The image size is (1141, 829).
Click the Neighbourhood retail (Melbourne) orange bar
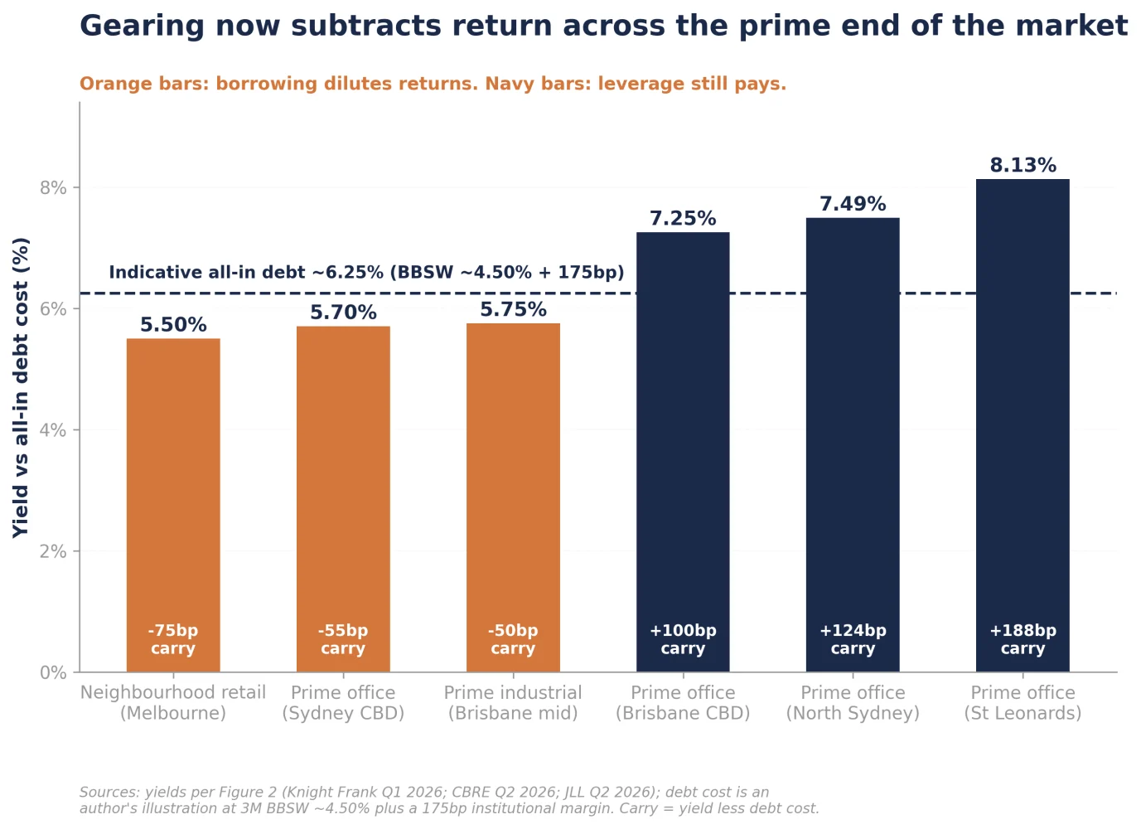pyautogui.click(x=173, y=506)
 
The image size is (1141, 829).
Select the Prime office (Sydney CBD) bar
pyautogui.click(x=343, y=499)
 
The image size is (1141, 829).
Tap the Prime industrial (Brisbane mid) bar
pyautogui.click(x=513, y=497)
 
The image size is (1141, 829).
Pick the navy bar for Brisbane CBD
pyautogui.click(x=683, y=453)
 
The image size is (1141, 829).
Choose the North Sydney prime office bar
pyautogui.click(x=853, y=445)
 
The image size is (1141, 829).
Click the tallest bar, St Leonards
pyautogui.click(x=1023, y=425)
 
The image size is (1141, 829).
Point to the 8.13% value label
pyautogui.click(x=1023, y=165)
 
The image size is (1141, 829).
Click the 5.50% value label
pyautogui.click(x=173, y=325)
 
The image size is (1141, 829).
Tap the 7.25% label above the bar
pyautogui.click(x=683, y=218)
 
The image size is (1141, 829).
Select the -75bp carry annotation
pyautogui.click(x=173, y=639)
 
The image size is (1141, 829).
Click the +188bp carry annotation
pyautogui.click(x=1023, y=639)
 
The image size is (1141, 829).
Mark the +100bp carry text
pyautogui.click(x=683, y=639)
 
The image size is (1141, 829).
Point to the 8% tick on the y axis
pyautogui.click(x=53, y=188)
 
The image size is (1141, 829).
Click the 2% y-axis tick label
pyautogui.click(x=53, y=551)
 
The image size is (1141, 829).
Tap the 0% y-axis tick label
pyautogui.click(x=53, y=672)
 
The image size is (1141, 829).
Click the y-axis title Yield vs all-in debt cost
pyautogui.click(x=21, y=388)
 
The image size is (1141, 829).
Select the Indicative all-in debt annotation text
pyautogui.click(x=367, y=273)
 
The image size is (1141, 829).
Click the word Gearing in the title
pyautogui.click(x=142, y=27)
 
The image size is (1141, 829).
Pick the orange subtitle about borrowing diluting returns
pyautogui.click(x=433, y=84)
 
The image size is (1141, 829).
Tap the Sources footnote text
pyautogui.click(x=449, y=801)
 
